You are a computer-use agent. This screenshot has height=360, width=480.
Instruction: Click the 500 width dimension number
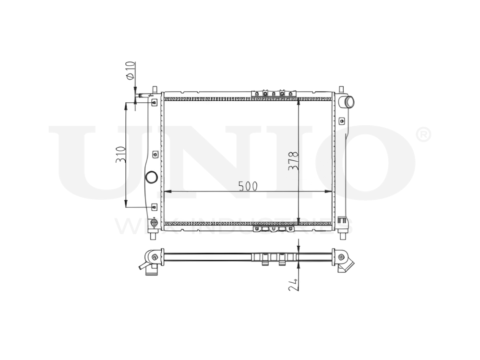[x=248, y=186]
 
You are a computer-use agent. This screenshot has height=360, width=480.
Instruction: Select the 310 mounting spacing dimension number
[x=120, y=154]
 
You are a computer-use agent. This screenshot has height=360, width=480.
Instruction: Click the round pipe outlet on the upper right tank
[x=348, y=102]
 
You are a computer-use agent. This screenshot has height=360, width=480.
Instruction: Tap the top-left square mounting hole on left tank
[x=154, y=102]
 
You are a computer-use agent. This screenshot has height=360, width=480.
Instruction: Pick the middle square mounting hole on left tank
[x=155, y=155]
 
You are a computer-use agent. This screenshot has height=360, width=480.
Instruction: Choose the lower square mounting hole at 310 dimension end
[x=154, y=207]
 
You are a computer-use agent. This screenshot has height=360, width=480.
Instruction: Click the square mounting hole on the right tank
[x=342, y=120]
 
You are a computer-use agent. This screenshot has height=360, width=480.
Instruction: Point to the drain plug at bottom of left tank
[x=154, y=223]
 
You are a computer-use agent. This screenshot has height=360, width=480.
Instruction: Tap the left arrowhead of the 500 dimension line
[x=166, y=192]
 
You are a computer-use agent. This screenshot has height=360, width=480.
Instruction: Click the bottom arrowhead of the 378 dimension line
[x=299, y=220]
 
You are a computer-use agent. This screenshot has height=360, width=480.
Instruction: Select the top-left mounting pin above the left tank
[x=154, y=89]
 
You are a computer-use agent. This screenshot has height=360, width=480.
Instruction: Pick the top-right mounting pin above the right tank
[x=341, y=89]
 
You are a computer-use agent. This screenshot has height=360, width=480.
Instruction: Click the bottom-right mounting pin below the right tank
[x=342, y=235]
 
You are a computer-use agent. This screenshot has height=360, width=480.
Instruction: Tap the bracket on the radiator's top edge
[x=275, y=93]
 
